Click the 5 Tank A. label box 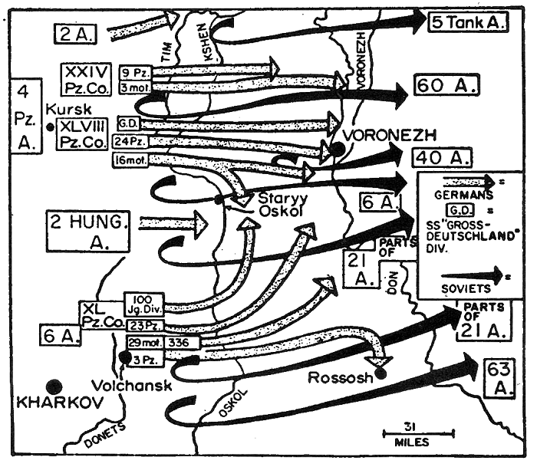(468, 21)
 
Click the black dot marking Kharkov (54, 385)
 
